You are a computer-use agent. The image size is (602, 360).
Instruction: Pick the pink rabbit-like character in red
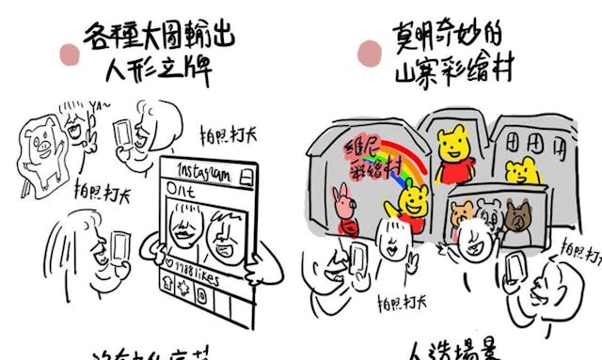[342, 212]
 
